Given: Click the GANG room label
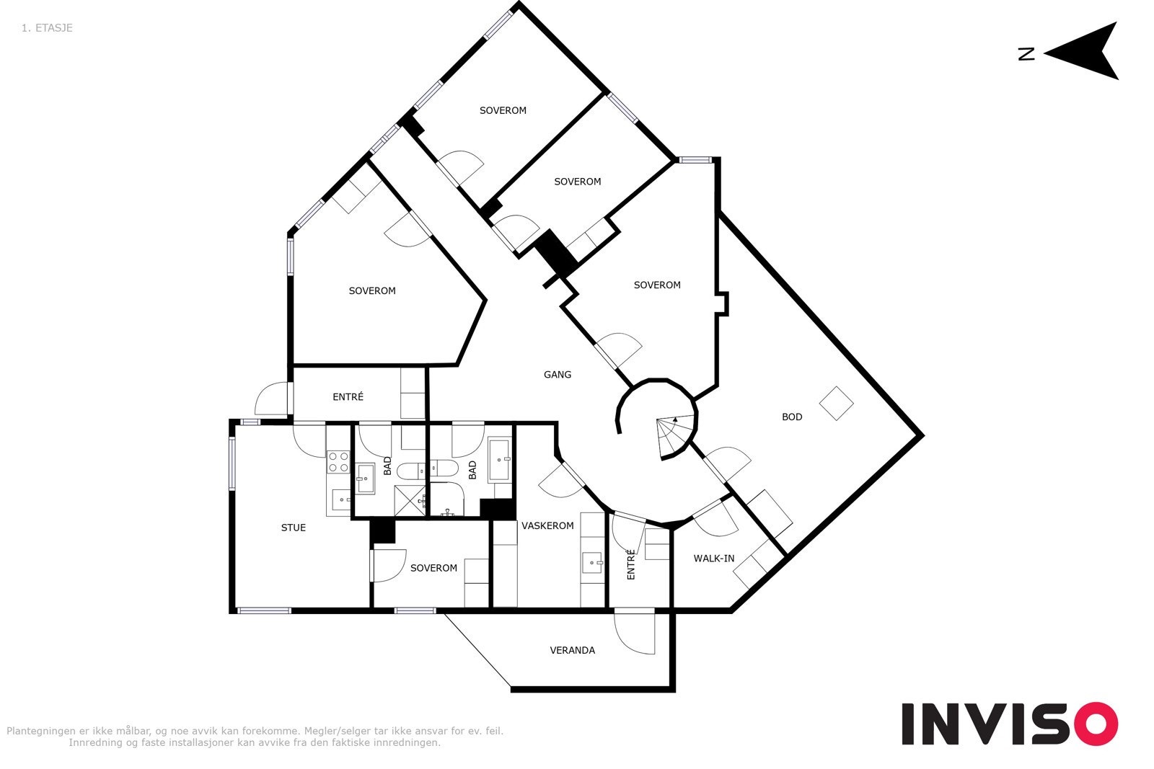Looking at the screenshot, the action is [x=558, y=375].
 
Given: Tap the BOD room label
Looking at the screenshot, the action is [x=792, y=417].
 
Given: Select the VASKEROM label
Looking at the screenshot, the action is [x=547, y=525].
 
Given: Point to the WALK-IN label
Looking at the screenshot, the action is [x=713, y=559].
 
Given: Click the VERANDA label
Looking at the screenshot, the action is [x=573, y=650].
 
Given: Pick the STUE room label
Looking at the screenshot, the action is [x=293, y=528].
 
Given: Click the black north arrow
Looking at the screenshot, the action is [x=1082, y=51].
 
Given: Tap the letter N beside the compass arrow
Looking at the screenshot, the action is [x=1026, y=54].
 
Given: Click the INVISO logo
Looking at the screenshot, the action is [x=1009, y=724].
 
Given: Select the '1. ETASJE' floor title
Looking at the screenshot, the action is [x=47, y=28].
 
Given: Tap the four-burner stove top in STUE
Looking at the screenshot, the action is [x=338, y=461].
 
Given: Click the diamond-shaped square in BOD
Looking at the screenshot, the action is [x=836, y=404].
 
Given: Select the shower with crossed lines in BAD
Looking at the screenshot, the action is [x=410, y=501].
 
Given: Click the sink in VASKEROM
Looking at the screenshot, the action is [x=593, y=563].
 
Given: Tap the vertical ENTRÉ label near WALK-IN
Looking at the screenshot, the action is [x=631, y=564].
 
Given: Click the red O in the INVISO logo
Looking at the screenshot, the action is [x=1096, y=724].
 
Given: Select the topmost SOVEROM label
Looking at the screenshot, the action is [x=503, y=111].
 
